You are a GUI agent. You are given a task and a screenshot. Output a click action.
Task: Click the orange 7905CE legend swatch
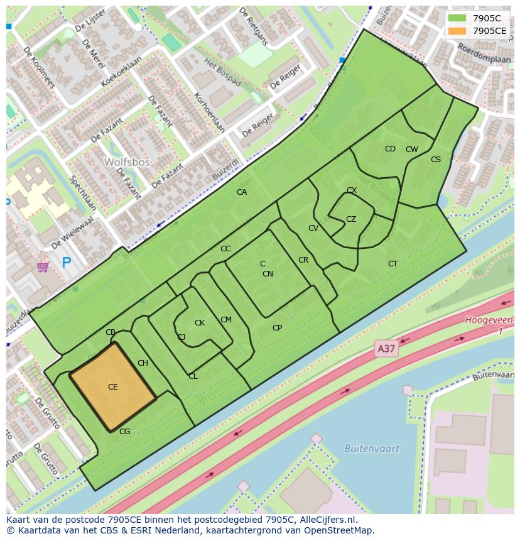[x=457, y=31]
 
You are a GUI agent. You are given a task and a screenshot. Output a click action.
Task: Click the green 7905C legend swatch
[x=457, y=18]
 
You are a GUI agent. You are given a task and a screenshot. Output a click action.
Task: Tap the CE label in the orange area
[x=113, y=387]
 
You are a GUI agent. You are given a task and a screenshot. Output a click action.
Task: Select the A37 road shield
[x=387, y=348]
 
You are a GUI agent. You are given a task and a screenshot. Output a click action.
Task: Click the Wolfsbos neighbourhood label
[x=127, y=161]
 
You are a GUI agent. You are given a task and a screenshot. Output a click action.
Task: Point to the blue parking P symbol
[x=67, y=262]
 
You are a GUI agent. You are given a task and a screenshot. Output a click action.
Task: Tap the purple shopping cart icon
[x=43, y=267]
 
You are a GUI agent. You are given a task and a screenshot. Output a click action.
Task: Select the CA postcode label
[x=242, y=192]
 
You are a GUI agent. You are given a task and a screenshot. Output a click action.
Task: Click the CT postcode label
[x=393, y=264]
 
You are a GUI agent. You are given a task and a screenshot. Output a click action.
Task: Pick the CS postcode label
[x=436, y=160]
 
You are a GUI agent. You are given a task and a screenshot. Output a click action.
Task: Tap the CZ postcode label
[x=351, y=219]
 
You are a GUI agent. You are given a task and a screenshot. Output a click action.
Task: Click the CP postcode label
[x=277, y=328]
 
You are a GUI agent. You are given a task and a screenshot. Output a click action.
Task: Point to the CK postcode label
[x=200, y=323]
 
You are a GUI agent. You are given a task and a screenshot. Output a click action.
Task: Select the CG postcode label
[x=124, y=432]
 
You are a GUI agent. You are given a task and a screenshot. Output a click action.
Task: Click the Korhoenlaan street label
[x=210, y=113]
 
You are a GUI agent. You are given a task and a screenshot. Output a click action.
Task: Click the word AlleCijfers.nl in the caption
[x=325, y=520]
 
